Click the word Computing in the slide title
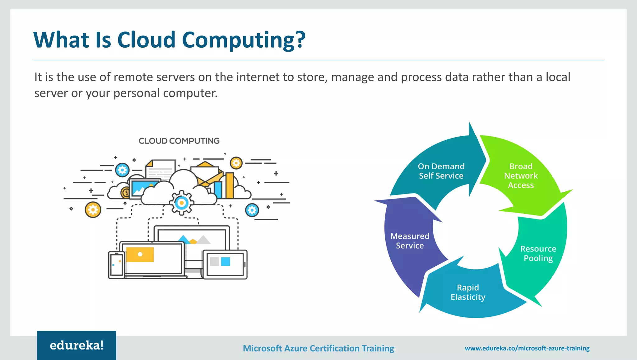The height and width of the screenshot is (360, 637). click(x=238, y=40)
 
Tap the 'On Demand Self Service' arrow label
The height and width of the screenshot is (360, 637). click(x=441, y=171)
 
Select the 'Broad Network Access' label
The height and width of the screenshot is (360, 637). click(x=521, y=176)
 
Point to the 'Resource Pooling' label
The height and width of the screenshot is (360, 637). click(x=538, y=254)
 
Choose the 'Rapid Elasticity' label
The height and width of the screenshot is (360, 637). click(x=468, y=292)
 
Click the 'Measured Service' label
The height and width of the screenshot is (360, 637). click(x=410, y=241)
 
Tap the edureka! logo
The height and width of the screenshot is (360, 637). click(x=77, y=345)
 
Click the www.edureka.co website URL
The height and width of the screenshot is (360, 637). click(x=527, y=348)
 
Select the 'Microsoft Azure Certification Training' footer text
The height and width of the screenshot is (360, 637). click(x=318, y=348)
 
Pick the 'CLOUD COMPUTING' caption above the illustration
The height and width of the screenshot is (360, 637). click(x=179, y=141)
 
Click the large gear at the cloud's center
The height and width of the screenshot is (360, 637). click(x=182, y=203)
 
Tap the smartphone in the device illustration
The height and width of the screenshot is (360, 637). click(x=116, y=265)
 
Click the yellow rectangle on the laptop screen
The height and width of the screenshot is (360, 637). click(x=140, y=255)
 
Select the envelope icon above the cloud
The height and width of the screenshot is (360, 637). click(x=206, y=173)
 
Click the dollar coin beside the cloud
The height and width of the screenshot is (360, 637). click(x=126, y=193)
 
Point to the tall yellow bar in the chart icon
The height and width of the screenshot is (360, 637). click(x=230, y=185)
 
